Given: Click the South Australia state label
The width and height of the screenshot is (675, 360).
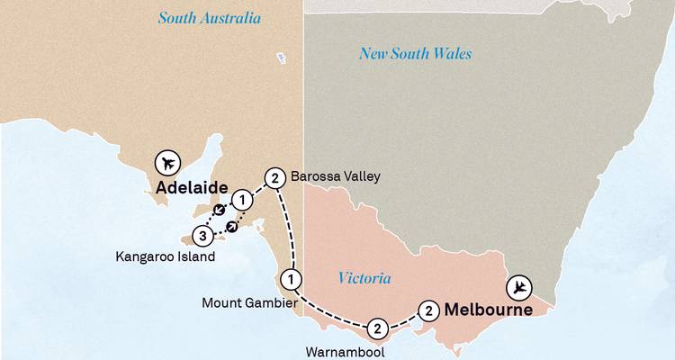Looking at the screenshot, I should click(209, 18).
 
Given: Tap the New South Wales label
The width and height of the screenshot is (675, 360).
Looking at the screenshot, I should click(415, 54).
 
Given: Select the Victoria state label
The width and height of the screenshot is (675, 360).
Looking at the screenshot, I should click(364, 278).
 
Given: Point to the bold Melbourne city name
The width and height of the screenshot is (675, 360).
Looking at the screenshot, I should click(489, 310).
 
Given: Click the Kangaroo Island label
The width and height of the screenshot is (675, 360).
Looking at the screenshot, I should click(166, 256).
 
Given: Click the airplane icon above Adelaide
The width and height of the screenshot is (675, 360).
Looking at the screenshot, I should click(166, 163).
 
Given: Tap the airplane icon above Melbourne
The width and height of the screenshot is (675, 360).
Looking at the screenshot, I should click(519, 288).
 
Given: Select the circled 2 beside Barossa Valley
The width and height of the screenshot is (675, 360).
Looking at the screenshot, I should click(275, 177).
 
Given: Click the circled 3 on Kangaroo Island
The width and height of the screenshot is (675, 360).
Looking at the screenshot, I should click(203, 238).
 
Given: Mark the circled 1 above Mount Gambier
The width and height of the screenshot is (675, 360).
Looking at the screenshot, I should click(290, 277).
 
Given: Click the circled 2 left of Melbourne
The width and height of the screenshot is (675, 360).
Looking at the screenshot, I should click(430, 311).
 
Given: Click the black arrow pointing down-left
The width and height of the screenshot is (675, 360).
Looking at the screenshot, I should click(217, 211).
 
